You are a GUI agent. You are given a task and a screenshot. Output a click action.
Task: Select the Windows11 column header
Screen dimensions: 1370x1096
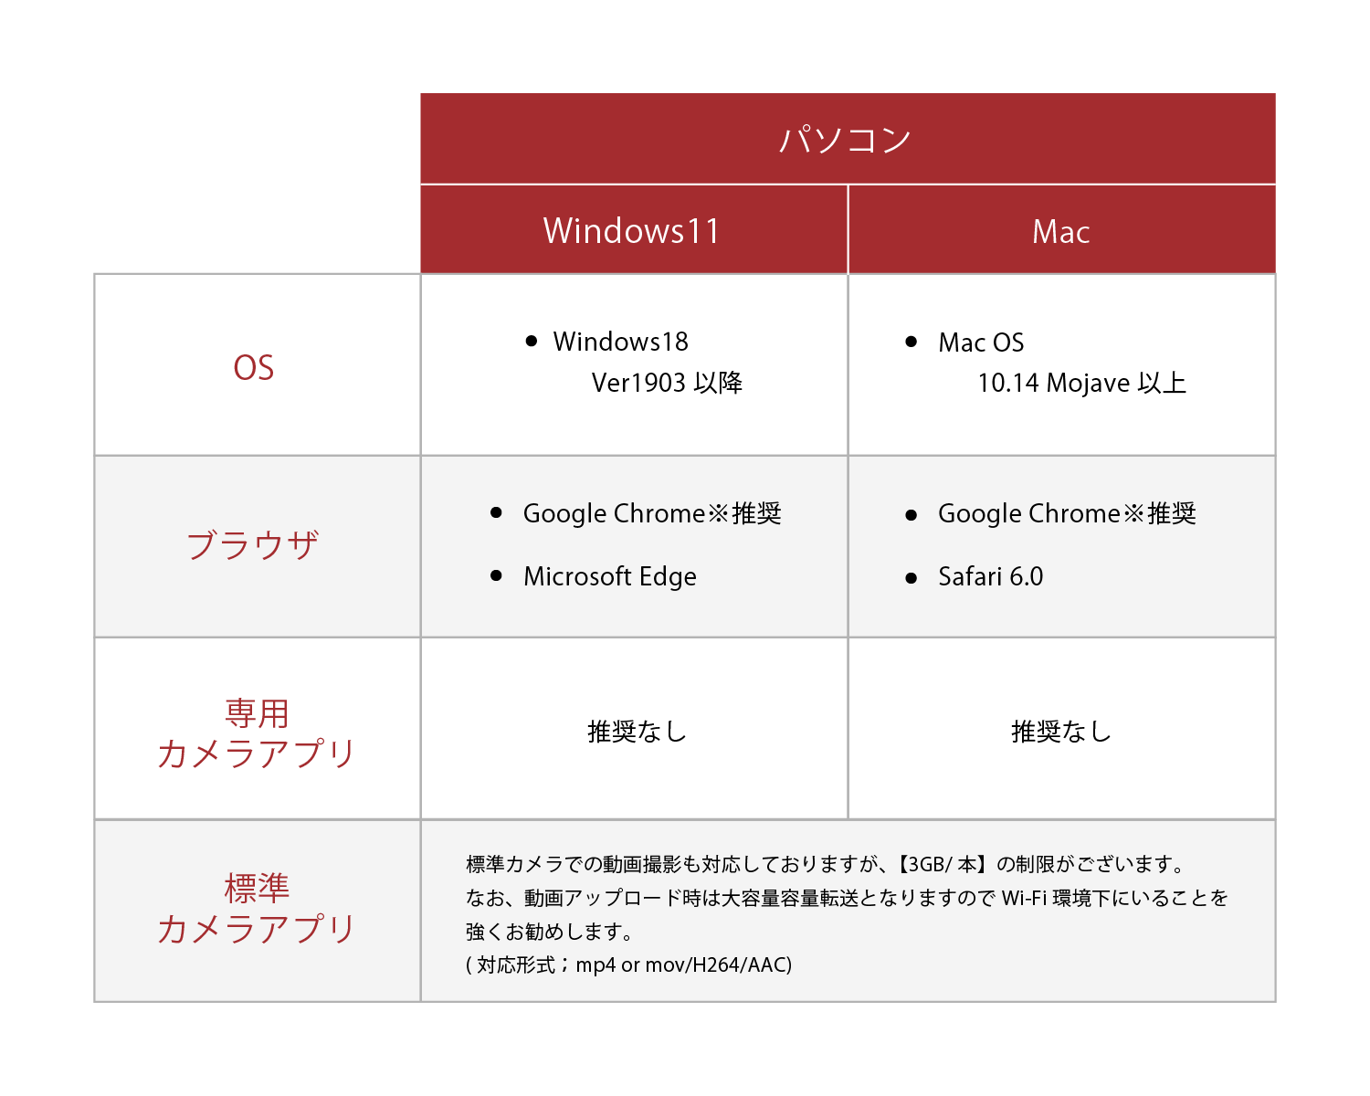[x=632, y=230]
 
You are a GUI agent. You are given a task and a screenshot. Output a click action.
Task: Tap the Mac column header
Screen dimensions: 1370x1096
[x=1061, y=231]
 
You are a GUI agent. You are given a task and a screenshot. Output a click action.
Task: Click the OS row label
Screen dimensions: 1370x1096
[x=253, y=368]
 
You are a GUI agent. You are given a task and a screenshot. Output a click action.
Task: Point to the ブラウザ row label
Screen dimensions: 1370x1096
[x=253, y=546]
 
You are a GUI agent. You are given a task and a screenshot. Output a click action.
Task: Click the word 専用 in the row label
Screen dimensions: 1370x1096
[x=258, y=713]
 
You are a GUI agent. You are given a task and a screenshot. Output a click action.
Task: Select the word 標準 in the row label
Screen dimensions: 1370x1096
[x=258, y=889]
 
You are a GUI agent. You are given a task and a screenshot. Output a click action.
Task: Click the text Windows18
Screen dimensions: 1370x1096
[x=621, y=342]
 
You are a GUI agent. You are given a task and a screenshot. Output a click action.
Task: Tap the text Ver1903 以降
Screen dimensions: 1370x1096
[x=667, y=383]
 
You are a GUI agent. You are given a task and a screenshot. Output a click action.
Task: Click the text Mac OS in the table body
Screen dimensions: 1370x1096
[x=981, y=342]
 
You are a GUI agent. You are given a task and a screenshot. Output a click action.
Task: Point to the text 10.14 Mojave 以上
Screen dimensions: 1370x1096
[x=1082, y=384]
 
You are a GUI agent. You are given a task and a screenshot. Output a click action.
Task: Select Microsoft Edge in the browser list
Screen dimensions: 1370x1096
[x=610, y=577]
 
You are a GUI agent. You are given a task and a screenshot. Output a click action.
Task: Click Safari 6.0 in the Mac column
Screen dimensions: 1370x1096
[x=991, y=577]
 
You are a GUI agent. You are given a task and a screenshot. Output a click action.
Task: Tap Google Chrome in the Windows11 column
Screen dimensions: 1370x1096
[x=615, y=514]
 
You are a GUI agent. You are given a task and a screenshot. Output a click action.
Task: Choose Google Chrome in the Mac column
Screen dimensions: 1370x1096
[x=1029, y=514]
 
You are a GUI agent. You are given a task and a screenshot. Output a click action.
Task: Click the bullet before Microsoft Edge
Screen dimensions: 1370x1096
[x=497, y=576]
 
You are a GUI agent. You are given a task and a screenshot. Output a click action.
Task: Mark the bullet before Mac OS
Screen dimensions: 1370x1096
[x=911, y=342]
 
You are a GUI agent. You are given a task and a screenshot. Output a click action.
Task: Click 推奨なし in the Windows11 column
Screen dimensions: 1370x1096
[x=638, y=732]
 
